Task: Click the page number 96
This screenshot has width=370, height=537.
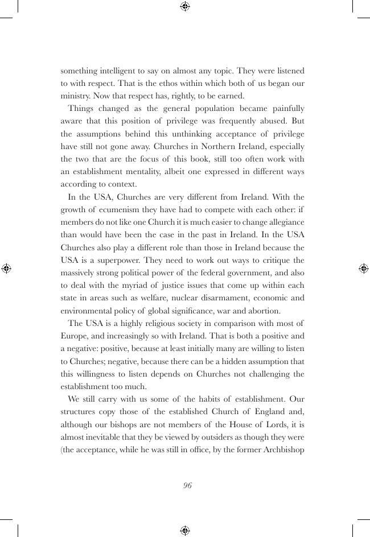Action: [187, 485]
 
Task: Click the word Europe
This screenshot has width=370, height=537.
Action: [75, 336]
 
